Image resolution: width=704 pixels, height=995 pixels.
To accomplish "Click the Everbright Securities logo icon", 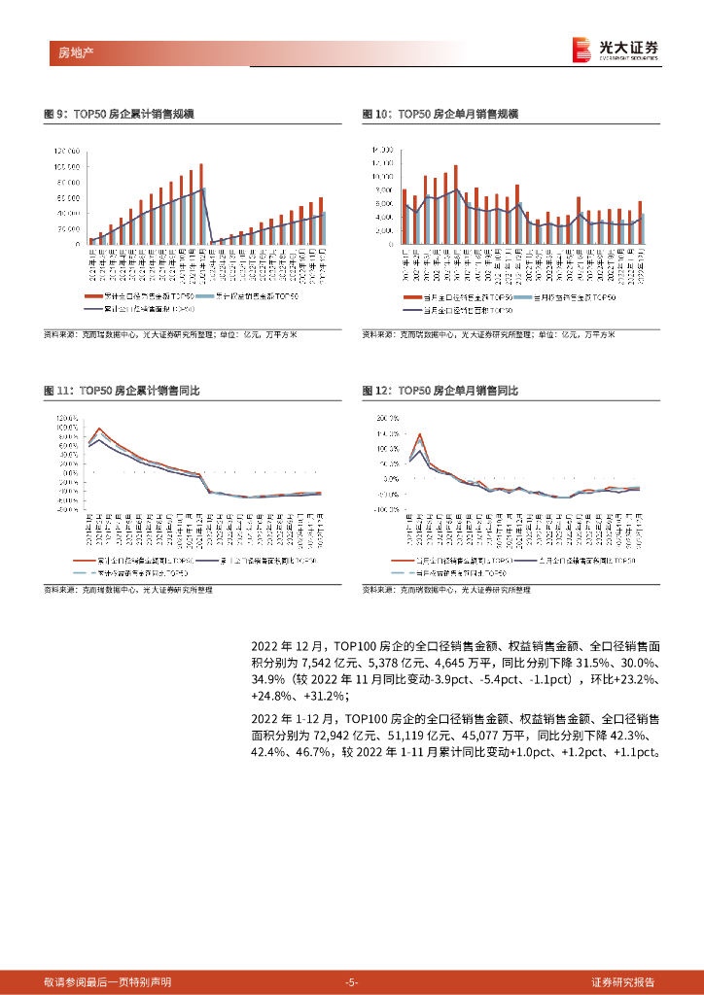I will click(x=581, y=49).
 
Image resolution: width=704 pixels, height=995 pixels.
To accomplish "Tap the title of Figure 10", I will click(x=440, y=115).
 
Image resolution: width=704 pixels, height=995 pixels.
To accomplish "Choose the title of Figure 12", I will click(x=440, y=390).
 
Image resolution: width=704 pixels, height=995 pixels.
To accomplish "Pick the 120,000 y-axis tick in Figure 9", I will click(x=67, y=151).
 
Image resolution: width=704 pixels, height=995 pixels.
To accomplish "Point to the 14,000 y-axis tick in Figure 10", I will click(x=381, y=150).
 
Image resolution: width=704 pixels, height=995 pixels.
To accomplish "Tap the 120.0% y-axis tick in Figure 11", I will click(x=67, y=417).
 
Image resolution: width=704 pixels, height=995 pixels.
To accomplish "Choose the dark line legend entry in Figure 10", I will click(x=457, y=310).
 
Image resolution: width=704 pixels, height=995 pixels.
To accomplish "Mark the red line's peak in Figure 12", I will click(x=419, y=434).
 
